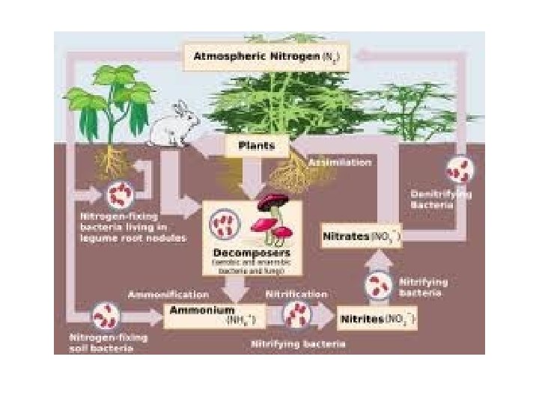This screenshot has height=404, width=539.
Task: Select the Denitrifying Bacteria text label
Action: point(441,199)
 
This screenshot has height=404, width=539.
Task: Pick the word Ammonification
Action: point(168,294)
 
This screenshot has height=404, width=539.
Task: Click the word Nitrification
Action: point(297,294)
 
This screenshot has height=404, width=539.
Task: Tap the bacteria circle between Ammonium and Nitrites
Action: point(298,316)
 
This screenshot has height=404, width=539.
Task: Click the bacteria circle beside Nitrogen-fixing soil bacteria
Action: point(104,316)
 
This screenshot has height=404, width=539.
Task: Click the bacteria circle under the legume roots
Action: point(118,195)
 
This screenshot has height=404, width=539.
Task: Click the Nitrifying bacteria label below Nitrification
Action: point(297,344)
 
